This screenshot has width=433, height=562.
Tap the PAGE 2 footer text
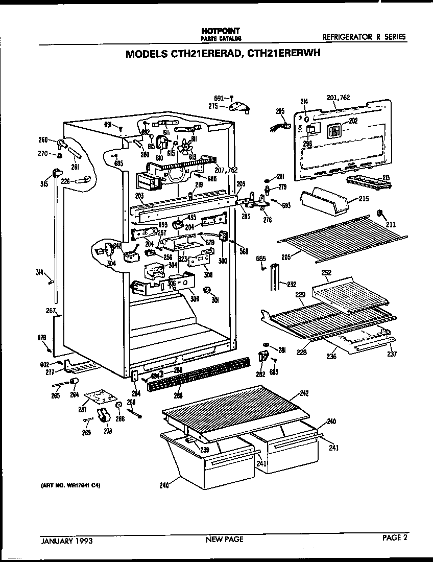coord(394,537)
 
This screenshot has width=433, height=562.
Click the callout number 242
coord(304,393)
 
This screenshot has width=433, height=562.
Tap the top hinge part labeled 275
coord(240,107)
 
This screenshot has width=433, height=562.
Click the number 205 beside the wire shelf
coord(286,258)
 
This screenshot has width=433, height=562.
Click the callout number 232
coord(291,284)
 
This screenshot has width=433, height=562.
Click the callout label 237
coord(392,354)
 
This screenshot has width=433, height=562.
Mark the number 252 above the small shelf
coord(326,273)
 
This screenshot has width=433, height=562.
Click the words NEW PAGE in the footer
coord(224,539)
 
